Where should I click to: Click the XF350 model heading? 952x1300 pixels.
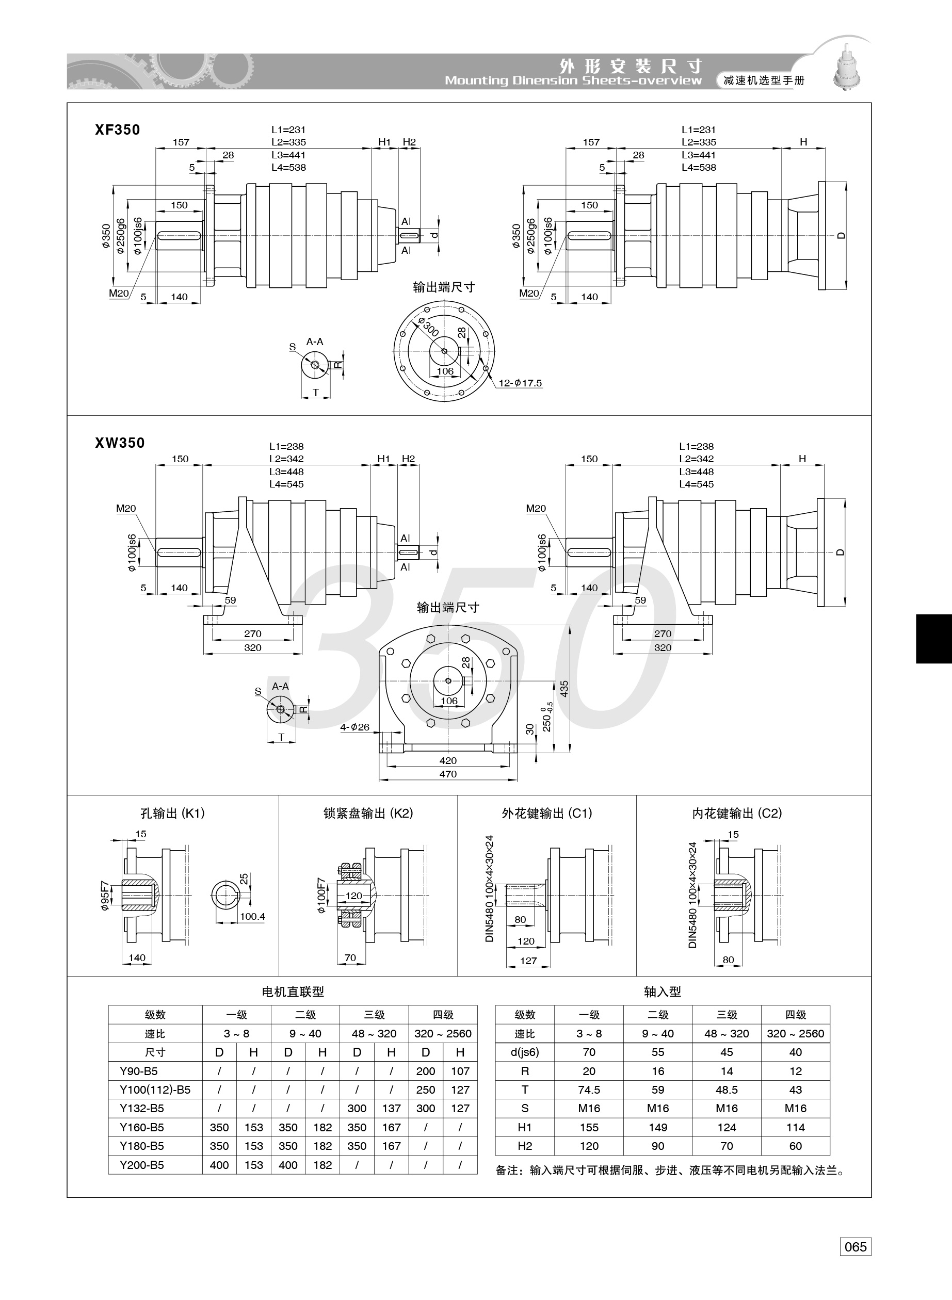click(118, 129)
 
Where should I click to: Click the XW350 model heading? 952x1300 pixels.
click(120, 443)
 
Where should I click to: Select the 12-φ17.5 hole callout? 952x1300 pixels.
click(520, 383)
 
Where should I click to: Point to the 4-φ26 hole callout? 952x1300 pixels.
click(354, 727)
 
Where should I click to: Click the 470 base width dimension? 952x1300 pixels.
click(448, 774)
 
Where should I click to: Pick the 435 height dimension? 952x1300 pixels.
click(564, 689)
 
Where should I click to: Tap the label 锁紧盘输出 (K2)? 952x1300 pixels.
click(368, 814)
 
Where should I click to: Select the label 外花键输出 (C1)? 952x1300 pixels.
click(547, 814)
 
